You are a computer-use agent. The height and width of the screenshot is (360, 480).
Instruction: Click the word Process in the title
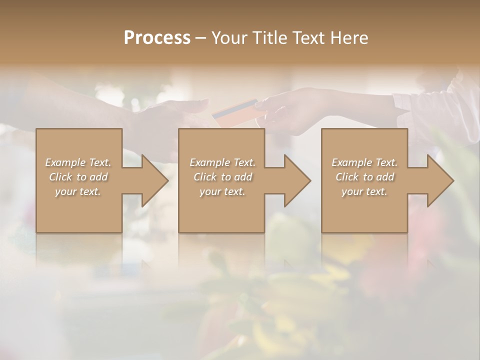pos(157,37)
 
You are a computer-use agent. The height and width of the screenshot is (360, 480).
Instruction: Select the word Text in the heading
pos(308,37)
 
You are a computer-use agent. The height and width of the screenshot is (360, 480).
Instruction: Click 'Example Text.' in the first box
pos(78,162)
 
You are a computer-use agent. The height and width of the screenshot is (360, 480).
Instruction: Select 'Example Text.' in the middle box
pos(222,162)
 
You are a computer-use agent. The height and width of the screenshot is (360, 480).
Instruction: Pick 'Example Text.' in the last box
pos(364,162)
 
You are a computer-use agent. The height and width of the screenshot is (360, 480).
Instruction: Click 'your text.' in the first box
pos(78,191)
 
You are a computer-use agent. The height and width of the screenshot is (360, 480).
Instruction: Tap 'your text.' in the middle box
pos(222,191)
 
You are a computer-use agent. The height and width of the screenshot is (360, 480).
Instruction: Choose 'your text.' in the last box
pos(364,191)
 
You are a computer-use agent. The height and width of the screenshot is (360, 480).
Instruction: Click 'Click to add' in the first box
pos(78,177)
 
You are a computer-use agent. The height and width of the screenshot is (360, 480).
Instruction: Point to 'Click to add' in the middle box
pos(222,177)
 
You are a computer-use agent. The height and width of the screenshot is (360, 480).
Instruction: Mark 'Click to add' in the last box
pos(364,177)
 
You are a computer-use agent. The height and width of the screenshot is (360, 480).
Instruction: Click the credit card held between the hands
pos(235,111)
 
